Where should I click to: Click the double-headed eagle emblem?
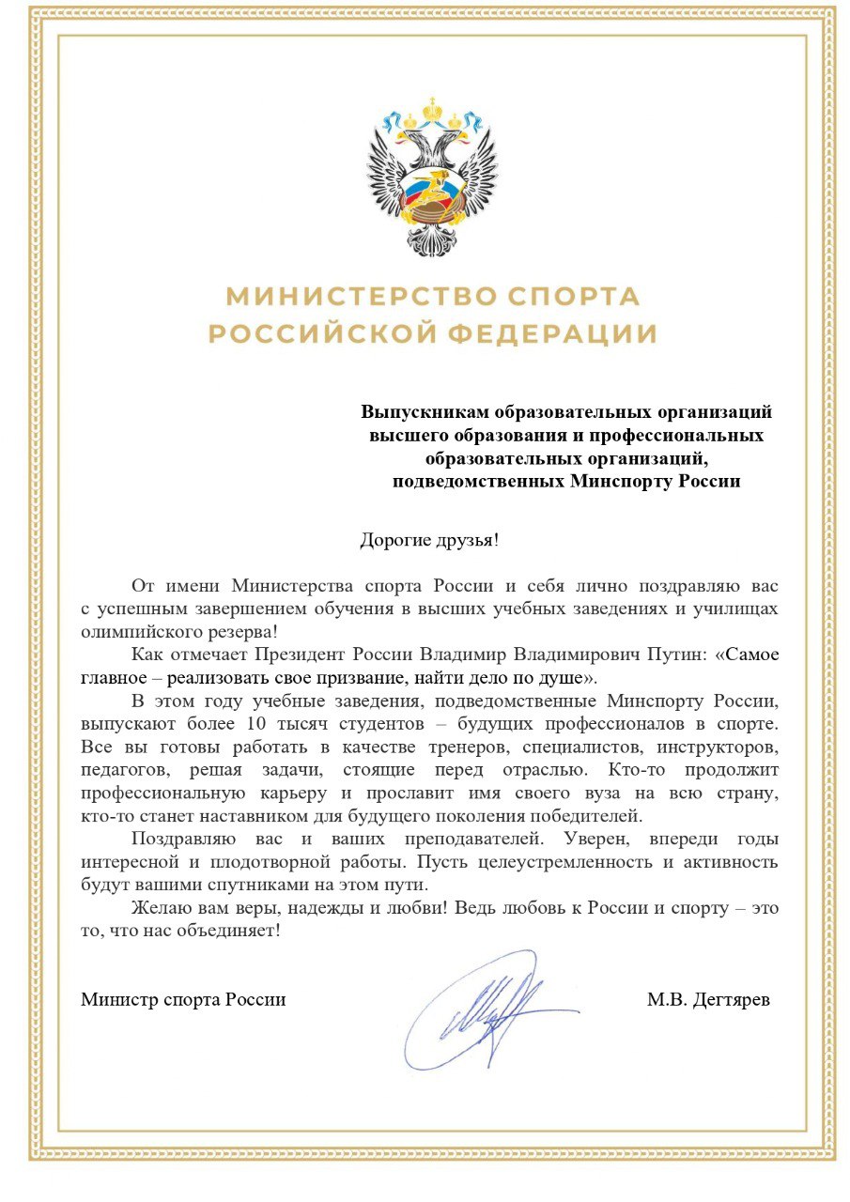(432, 178)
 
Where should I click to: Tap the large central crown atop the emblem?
(432, 110)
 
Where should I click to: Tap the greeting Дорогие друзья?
(429, 540)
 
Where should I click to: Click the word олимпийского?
(139, 631)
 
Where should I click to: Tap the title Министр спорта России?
(183, 999)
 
